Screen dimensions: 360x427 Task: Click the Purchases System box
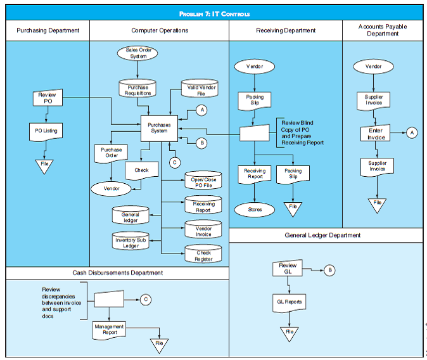pyautogui.click(x=159, y=127)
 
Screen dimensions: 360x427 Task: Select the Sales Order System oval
pyautogui.click(x=137, y=53)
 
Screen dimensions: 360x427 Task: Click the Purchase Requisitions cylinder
pyautogui.click(x=137, y=90)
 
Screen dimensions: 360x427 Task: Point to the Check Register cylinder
pyautogui.click(x=203, y=255)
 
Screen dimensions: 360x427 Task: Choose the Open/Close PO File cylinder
pyautogui.click(x=203, y=182)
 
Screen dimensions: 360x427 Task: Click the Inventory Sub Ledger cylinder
pyautogui.click(x=131, y=241)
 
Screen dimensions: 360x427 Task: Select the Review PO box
pyautogui.click(x=48, y=98)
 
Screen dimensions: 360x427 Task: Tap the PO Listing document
pyautogui.click(x=46, y=131)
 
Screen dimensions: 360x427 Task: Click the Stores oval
pyautogui.click(x=255, y=209)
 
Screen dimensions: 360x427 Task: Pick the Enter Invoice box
pyautogui.click(x=376, y=134)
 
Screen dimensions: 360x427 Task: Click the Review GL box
pyautogui.click(x=288, y=269)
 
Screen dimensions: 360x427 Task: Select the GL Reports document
pyautogui.click(x=289, y=302)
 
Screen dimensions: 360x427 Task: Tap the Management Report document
pyautogui.click(x=109, y=329)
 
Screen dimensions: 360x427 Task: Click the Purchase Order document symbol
pyautogui.click(x=112, y=153)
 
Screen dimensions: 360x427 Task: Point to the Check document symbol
pyautogui.click(x=141, y=170)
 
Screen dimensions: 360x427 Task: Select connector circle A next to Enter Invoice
pyautogui.click(x=412, y=132)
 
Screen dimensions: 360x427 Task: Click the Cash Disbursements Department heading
pyautogui.click(x=117, y=273)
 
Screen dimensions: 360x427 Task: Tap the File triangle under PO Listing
pyautogui.click(x=44, y=165)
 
